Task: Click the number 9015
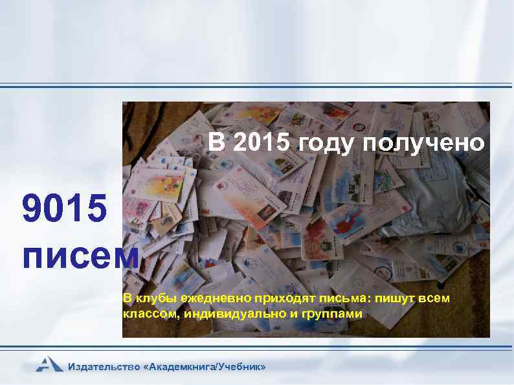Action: tap(62, 211)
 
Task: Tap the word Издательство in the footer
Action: tap(104, 367)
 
